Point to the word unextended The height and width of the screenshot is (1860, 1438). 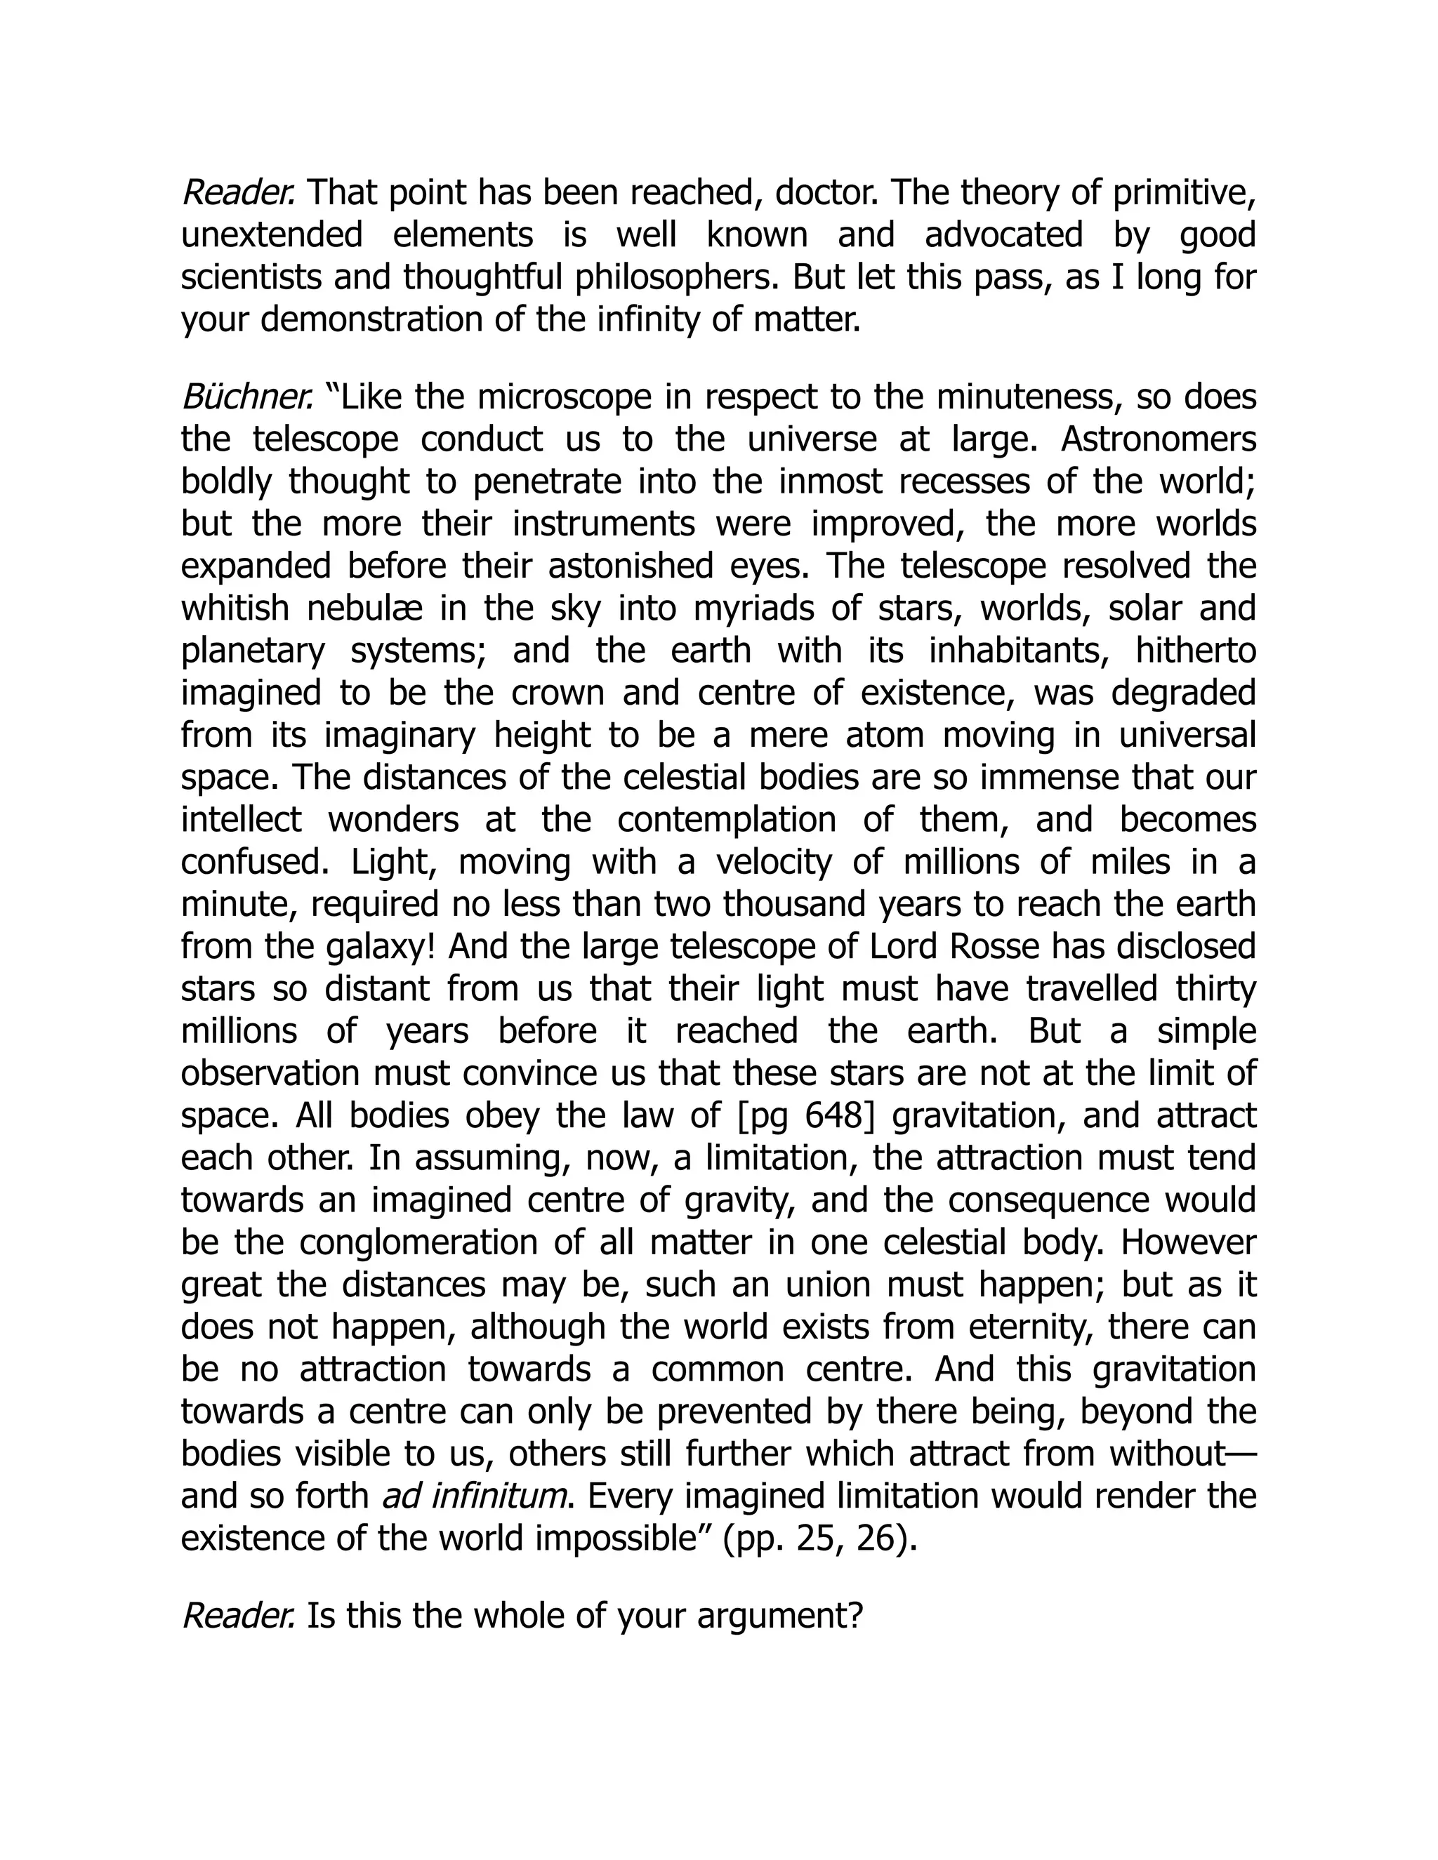coord(272,235)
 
